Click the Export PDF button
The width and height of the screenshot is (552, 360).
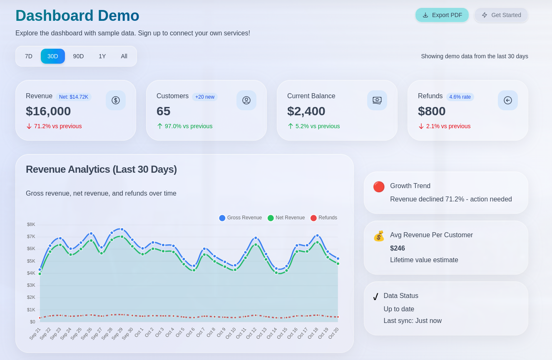click(x=442, y=15)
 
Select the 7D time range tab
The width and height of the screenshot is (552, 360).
click(x=29, y=56)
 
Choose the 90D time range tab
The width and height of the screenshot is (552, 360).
click(x=78, y=56)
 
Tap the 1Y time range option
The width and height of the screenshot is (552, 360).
click(x=102, y=56)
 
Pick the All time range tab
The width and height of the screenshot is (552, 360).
click(x=124, y=56)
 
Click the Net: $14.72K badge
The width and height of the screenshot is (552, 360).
click(x=74, y=97)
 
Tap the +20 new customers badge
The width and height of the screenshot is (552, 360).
click(x=204, y=97)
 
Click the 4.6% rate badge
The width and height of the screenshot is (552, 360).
click(x=460, y=97)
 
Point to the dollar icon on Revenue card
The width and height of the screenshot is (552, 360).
click(x=116, y=100)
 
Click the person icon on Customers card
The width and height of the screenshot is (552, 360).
click(x=246, y=100)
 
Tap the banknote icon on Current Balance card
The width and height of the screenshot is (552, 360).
click(x=377, y=100)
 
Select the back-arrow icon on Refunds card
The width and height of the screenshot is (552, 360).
click(x=508, y=100)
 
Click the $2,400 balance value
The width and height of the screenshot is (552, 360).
click(x=306, y=111)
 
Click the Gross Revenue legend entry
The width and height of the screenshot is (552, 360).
click(x=241, y=218)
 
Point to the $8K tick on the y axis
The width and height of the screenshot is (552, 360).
click(x=31, y=225)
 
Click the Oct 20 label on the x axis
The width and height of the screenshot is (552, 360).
click(x=334, y=333)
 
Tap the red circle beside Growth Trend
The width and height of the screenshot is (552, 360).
click(x=379, y=187)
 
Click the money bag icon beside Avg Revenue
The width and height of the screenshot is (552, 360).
click(x=379, y=236)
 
